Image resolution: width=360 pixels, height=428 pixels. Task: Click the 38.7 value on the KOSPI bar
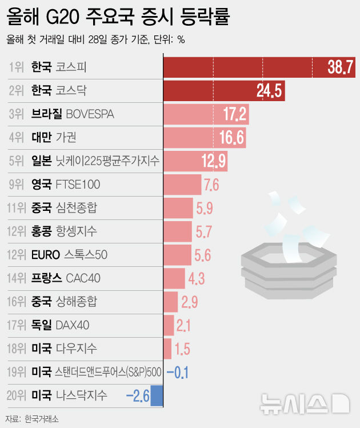[x=341, y=67]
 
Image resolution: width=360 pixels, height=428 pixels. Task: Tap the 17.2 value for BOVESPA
[x=235, y=114]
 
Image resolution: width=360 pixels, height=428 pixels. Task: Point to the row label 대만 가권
[x=54, y=138]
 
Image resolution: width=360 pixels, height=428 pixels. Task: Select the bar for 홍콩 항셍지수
[x=178, y=231]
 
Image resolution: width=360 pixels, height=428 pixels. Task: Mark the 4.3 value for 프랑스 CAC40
[x=197, y=278]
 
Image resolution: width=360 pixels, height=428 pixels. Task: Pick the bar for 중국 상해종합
[x=171, y=302]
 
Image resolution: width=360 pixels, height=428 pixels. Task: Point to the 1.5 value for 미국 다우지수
[x=182, y=349]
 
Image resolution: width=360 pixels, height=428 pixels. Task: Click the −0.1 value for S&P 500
[x=178, y=372]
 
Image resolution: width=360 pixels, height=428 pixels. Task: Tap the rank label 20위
[x=17, y=395]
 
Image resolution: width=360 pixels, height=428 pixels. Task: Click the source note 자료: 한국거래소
[x=33, y=419]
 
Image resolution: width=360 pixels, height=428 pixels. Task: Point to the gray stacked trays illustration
[x=287, y=266]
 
